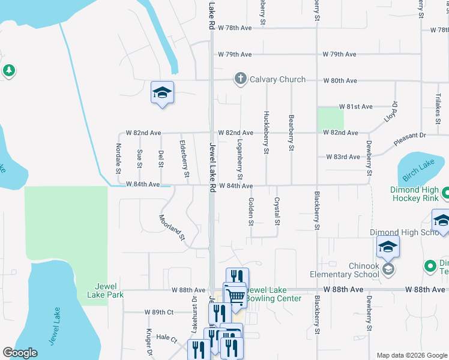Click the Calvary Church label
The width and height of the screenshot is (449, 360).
[x=277, y=79]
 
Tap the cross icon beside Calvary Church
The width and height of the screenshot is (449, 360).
[x=240, y=79]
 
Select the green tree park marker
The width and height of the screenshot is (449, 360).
[x=8, y=71]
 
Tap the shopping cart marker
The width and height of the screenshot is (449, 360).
[x=236, y=295]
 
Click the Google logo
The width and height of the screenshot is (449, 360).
[x=20, y=353]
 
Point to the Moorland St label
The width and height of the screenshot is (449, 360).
[x=172, y=227]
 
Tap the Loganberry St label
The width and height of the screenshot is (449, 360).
[x=240, y=158]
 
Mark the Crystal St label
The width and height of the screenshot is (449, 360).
[x=277, y=211]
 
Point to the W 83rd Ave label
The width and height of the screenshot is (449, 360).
[x=343, y=157]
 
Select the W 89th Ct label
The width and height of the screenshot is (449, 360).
[x=158, y=312]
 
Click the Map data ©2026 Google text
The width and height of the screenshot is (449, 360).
[x=411, y=355]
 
